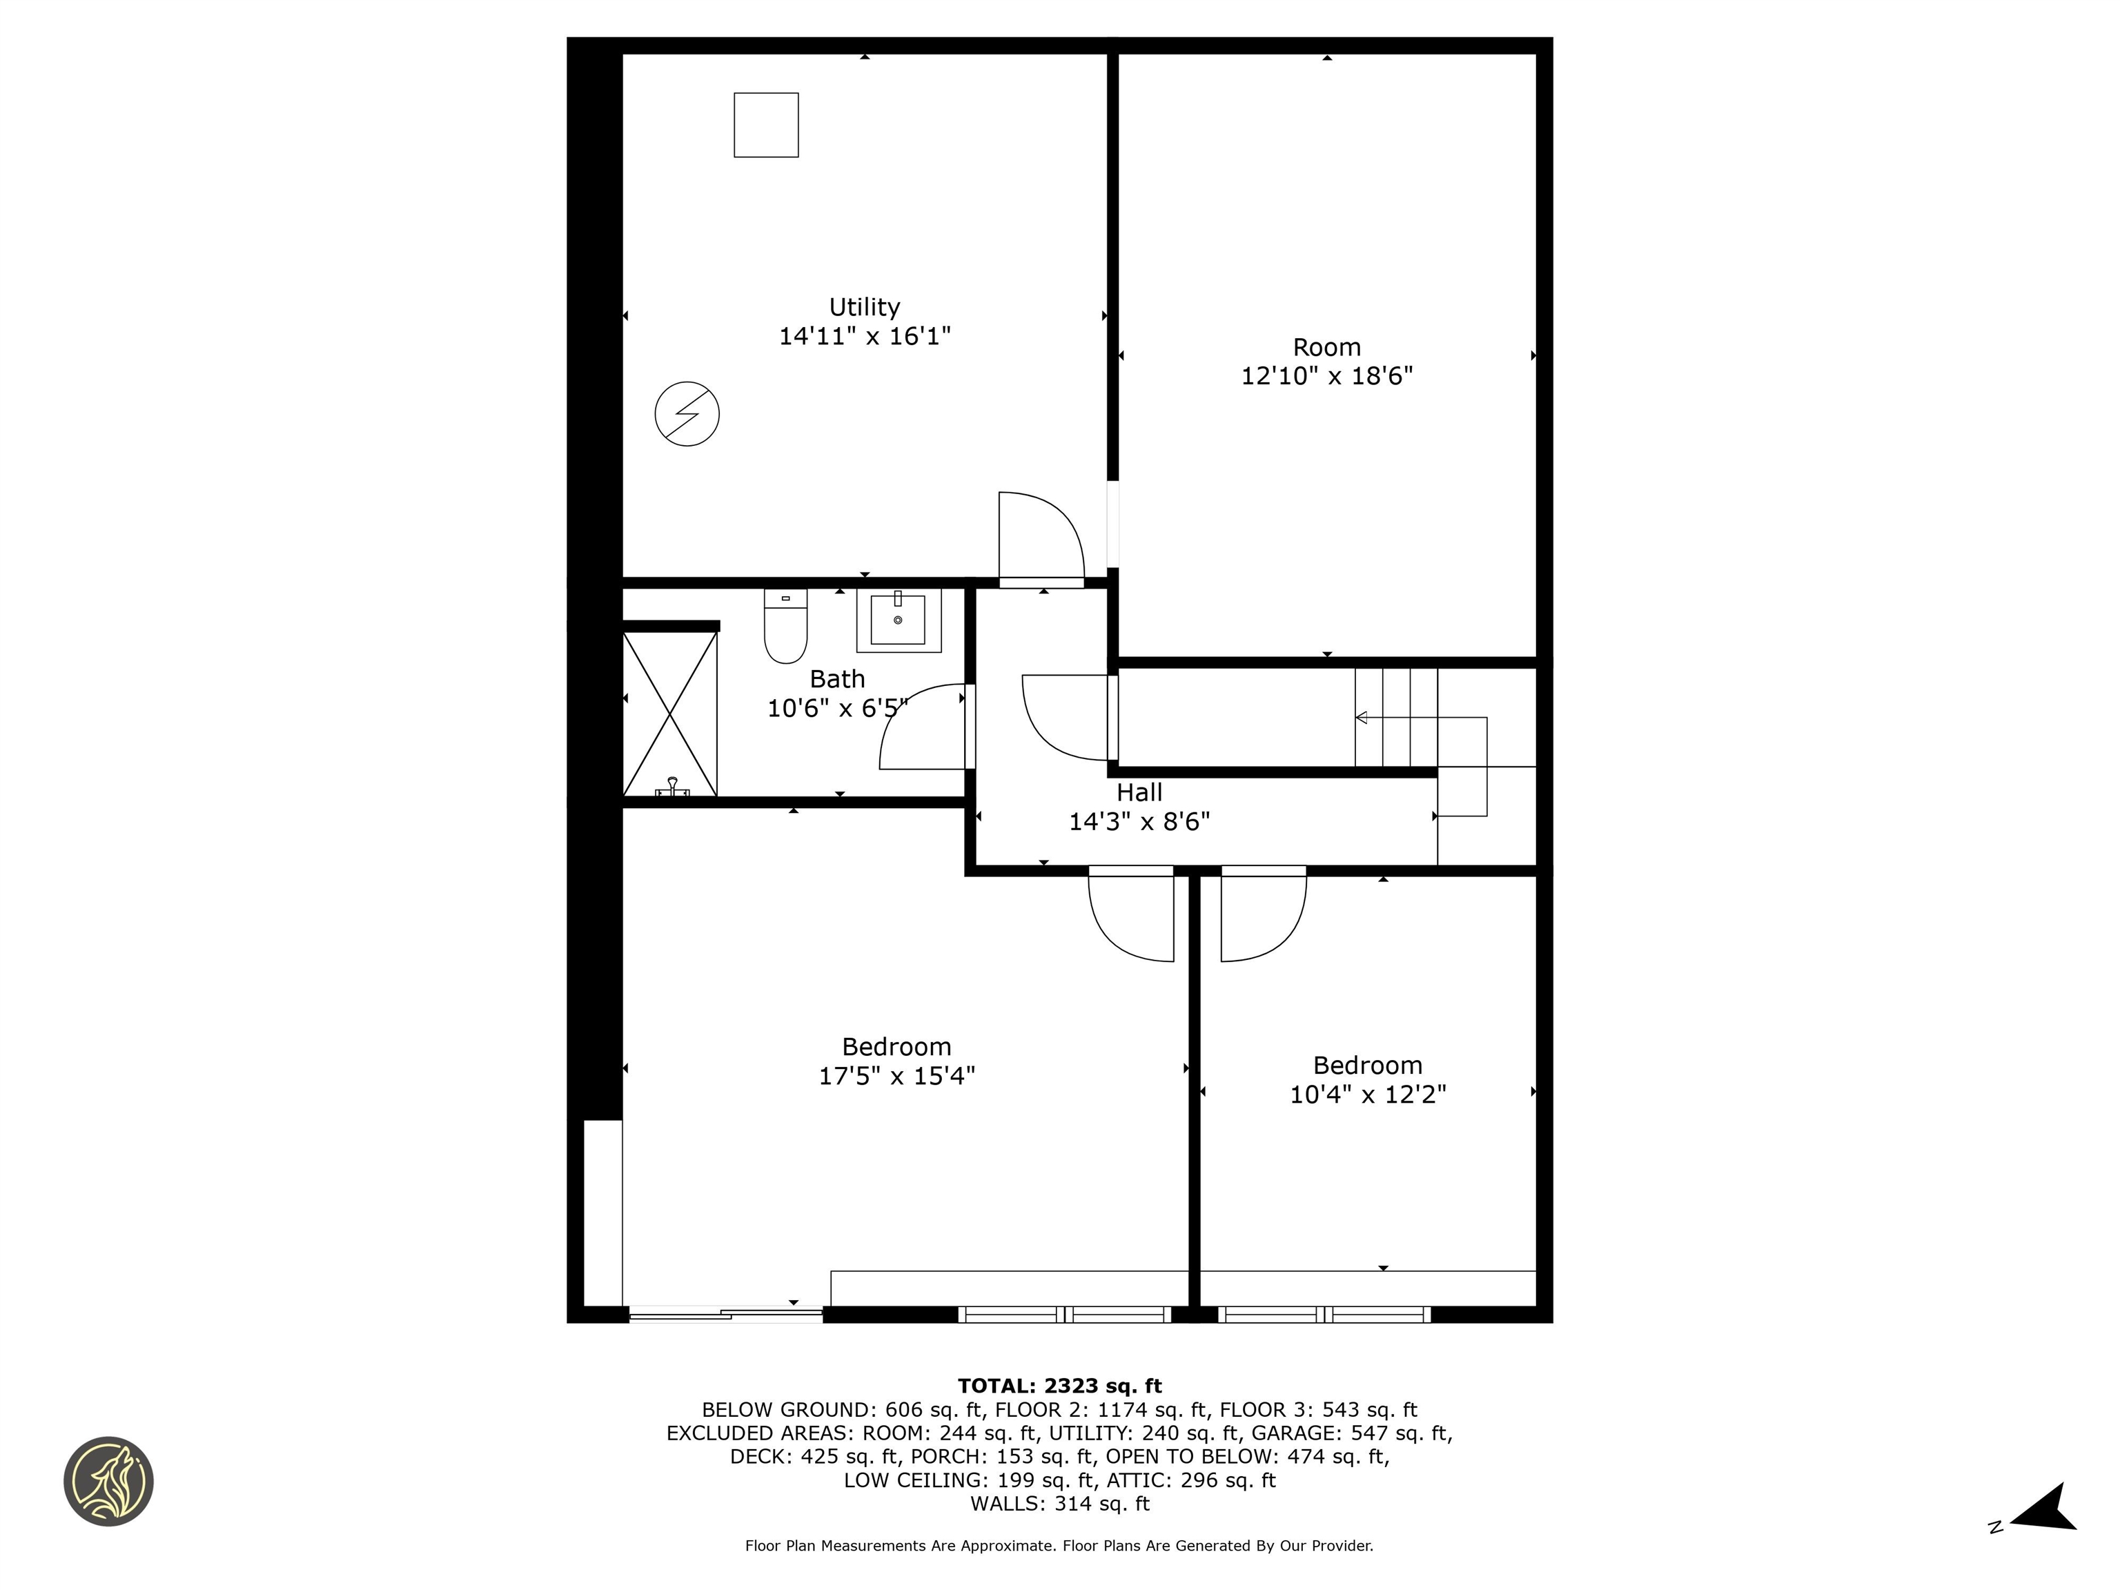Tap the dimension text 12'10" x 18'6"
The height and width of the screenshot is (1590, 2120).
pyautogui.click(x=1326, y=375)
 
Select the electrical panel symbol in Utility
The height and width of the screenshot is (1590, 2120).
pyautogui.click(x=686, y=414)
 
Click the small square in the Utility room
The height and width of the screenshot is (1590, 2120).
pyautogui.click(x=766, y=125)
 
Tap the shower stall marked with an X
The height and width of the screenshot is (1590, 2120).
pyautogui.click(x=670, y=714)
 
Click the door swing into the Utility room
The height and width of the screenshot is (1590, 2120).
pyautogui.click(x=1040, y=537)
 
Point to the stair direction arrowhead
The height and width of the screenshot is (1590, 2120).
pyautogui.click(x=1361, y=718)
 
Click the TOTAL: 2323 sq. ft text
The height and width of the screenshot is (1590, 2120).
pyautogui.click(x=1059, y=1386)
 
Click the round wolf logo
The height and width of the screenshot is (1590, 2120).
pyautogui.click(x=108, y=1481)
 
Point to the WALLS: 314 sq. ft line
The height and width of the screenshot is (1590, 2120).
pyautogui.click(x=1059, y=1504)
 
